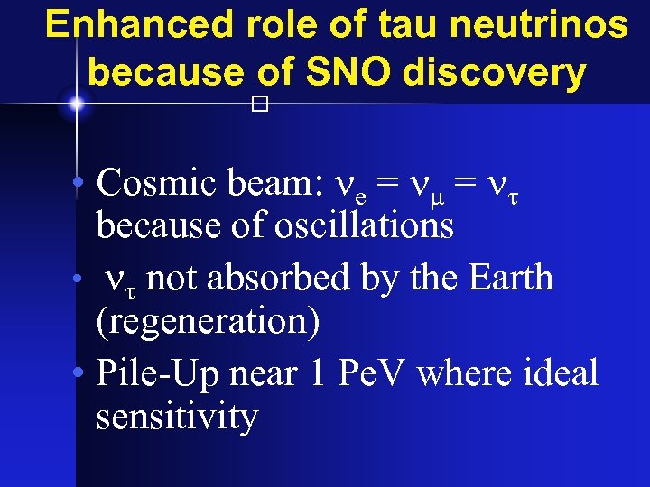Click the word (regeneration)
[208, 322]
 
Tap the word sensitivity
[177, 416]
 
